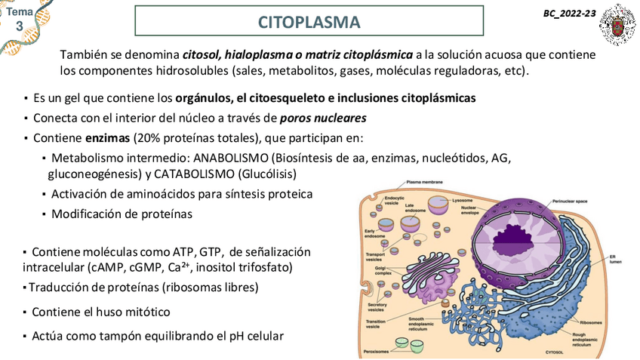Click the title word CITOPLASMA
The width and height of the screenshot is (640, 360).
tap(309, 22)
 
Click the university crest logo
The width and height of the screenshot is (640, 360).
tap(617, 24)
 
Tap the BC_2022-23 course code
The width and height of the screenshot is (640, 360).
tap(568, 14)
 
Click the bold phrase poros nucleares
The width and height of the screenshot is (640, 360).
tap(323, 118)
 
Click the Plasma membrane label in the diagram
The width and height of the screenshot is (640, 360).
tap(424, 182)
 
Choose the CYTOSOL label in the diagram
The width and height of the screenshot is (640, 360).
tap(555, 352)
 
